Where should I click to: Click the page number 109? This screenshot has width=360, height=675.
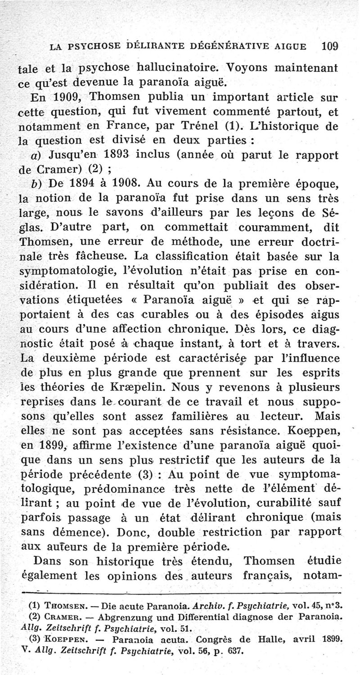pos(330,46)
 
